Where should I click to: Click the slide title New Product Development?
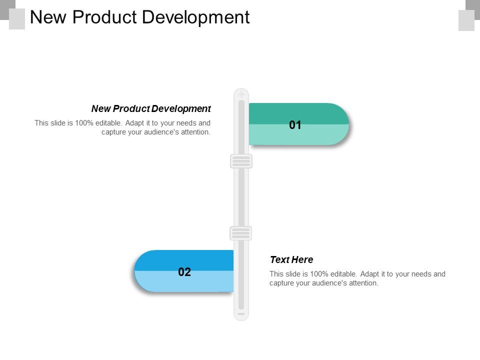click(139, 17)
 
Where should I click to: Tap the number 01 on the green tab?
click(295, 125)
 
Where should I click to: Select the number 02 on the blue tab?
click(184, 272)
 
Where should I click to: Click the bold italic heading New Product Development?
click(151, 108)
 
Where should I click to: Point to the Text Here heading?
click(291, 259)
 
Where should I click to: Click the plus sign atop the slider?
click(241, 94)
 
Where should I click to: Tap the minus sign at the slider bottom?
click(241, 314)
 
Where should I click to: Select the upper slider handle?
click(241, 161)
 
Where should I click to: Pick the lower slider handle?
click(240, 233)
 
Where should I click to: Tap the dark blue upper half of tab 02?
click(160, 260)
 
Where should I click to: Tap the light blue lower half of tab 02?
click(160, 282)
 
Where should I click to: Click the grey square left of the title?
click(17, 19)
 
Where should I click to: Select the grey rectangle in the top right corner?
click(466, 20)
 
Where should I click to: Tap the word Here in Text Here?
click(303, 259)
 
